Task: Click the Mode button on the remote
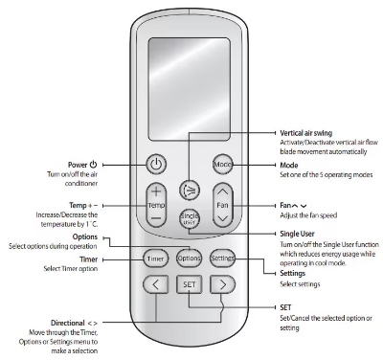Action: [223, 165]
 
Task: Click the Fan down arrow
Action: [223, 218]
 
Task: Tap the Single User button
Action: [190, 217]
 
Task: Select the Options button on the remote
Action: [190, 258]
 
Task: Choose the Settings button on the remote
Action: [223, 258]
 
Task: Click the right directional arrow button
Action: [223, 284]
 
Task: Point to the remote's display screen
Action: [190, 78]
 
